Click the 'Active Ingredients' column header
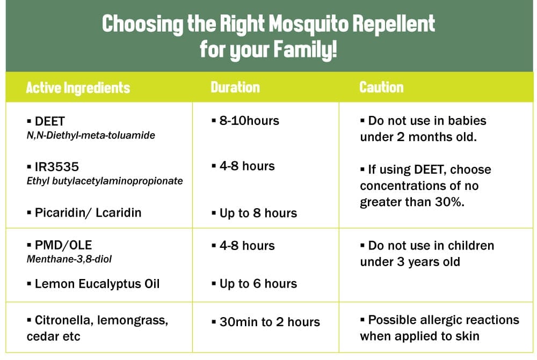(78, 87)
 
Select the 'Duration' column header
(235, 87)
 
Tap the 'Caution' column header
(381, 87)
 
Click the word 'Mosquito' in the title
(308, 25)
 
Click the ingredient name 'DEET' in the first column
(49, 121)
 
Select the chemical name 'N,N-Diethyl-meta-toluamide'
(91, 135)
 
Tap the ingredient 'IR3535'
(57, 167)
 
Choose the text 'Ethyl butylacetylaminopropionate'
(105, 181)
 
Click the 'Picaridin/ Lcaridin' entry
(88, 212)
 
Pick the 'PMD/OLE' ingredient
(63, 245)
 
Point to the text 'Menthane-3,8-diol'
(69, 259)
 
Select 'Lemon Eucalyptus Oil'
(97, 284)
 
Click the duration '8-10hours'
(249, 121)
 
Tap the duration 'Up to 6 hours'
(258, 284)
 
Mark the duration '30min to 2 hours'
(270, 322)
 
